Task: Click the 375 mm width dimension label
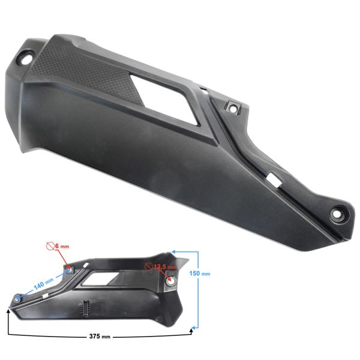point(100,337)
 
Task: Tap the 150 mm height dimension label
point(200,273)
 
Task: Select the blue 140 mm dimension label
point(44,284)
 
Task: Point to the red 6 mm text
point(62,246)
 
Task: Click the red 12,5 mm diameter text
point(165,267)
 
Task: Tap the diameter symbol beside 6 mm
point(50,245)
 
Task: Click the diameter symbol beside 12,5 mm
point(149,267)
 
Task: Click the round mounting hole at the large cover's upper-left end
point(26,59)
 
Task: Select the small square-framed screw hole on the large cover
point(233,107)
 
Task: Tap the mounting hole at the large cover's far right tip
point(338,214)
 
